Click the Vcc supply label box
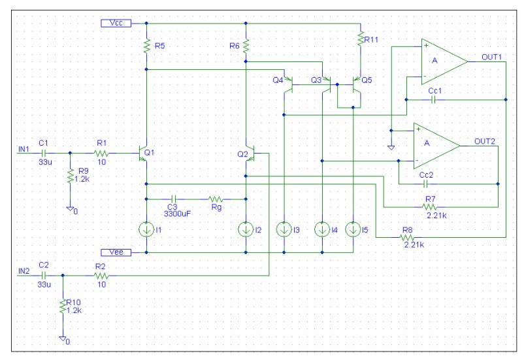click(x=117, y=23)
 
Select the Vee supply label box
click(x=117, y=252)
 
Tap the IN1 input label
click(x=24, y=149)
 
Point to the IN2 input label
click(x=24, y=271)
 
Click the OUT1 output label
click(x=491, y=57)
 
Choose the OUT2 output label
click(x=484, y=141)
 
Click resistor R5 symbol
click(x=146, y=46)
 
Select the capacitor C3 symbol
click(x=174, y=199)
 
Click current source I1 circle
click(x=146, y=229)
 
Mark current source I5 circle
click(x=353, y=229)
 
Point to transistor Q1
click(x=144, y=154)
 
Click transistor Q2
click(x=248, y=154)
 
